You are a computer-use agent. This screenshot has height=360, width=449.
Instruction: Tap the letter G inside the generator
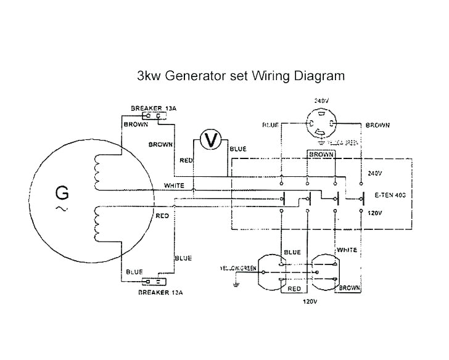62,193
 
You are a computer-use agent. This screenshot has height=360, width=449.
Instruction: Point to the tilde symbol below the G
62,209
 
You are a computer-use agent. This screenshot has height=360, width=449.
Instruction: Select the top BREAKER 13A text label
154,108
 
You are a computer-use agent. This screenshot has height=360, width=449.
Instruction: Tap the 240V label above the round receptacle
321,100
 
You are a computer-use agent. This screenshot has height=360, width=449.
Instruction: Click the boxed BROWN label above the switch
321,154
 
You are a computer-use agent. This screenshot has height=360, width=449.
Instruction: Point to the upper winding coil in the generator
98,172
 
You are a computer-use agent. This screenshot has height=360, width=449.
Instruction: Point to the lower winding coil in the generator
98,223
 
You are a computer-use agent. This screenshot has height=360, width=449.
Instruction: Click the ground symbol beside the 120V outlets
235,283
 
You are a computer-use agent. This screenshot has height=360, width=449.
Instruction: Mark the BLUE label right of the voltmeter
237,149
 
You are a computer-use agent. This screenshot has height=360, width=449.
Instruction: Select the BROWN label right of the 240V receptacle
377,125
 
